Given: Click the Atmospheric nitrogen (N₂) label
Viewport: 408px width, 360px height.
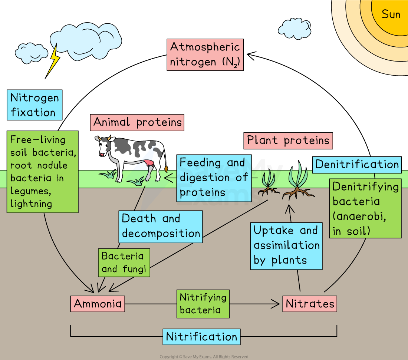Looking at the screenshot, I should [205, 55].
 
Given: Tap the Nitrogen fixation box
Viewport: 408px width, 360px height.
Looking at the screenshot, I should [34, 105].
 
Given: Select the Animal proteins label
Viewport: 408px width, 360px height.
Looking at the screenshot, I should [138, 122].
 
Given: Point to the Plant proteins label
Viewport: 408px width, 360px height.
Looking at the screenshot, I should [288, 141].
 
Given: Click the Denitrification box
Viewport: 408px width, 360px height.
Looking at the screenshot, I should [357, 165].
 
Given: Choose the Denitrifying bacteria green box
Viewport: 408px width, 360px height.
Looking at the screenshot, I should [365, 208].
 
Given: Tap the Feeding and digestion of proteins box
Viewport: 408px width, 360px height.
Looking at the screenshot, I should [214, 178].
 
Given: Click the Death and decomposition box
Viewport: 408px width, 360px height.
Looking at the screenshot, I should [161, 227].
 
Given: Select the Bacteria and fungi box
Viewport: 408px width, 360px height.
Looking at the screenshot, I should [124, 262].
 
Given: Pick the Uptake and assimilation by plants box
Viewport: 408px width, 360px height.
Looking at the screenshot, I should [286, 245].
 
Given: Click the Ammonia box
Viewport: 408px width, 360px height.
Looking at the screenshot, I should [98, 304].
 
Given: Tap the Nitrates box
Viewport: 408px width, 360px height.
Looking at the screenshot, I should [310, 304].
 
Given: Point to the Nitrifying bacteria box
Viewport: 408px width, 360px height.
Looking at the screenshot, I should [203, 304].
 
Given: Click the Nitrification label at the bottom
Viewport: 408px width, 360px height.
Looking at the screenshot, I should [201, 337].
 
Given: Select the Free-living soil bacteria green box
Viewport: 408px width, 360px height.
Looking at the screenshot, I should [42, 172].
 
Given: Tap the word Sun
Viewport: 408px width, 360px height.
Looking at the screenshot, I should [391, 14].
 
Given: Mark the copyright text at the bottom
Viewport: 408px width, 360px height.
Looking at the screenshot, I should [204, 357].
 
